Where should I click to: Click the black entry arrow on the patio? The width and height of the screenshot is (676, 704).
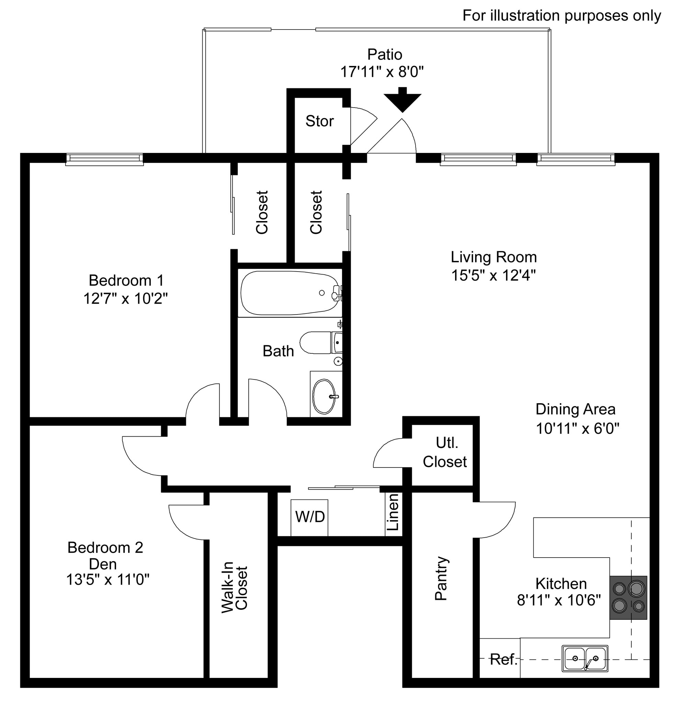402,100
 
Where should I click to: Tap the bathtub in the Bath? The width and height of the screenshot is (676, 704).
289,293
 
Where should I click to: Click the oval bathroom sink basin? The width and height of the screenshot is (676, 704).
324,397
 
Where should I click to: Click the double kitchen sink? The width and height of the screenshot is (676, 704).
585,658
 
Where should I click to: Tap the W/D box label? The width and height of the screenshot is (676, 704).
310,517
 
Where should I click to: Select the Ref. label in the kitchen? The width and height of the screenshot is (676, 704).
503,659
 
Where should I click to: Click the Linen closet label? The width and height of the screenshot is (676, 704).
393,512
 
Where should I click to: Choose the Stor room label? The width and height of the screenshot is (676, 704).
319,121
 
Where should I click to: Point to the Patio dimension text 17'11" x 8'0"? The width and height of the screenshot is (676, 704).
382,72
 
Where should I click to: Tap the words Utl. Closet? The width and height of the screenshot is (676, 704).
445,452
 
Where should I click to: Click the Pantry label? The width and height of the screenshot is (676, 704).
441,578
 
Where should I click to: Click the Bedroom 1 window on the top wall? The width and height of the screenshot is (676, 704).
104,159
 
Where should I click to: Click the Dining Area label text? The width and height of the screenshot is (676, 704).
575,409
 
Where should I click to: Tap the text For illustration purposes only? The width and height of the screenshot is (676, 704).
562,16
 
